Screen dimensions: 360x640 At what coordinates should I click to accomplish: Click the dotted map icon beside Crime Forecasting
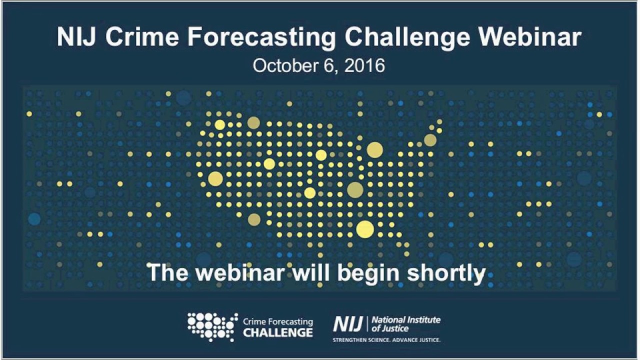point(212,327)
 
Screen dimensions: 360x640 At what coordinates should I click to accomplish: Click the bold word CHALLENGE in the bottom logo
point(278,333)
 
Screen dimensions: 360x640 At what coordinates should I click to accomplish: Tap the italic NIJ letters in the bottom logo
point(348,324)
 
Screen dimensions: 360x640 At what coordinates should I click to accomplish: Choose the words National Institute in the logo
point(406,320)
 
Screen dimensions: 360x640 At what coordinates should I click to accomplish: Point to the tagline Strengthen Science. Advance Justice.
point(386,340)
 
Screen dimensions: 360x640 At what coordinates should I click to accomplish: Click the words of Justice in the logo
point(390,328)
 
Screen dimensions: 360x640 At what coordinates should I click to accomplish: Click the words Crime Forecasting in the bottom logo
point(278,322)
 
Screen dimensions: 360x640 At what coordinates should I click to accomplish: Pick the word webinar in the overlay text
point(240,273)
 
